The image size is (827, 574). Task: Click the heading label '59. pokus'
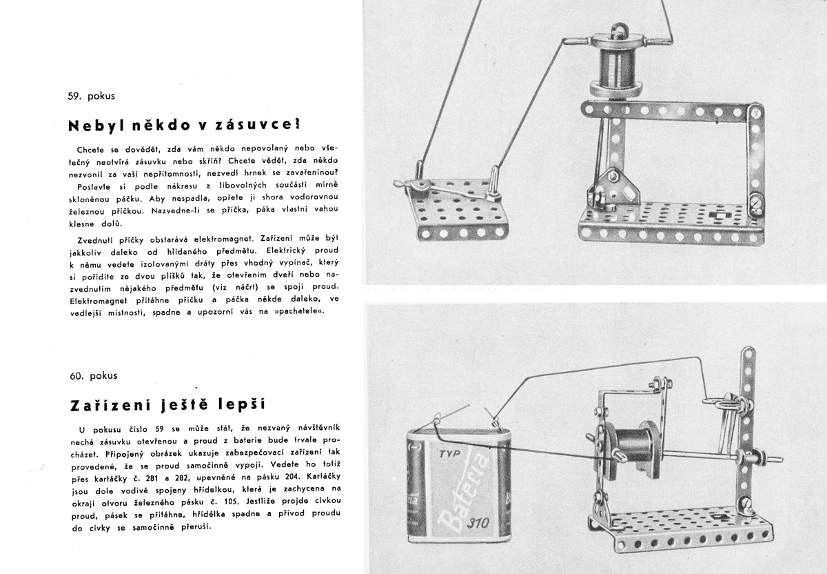[91, 96]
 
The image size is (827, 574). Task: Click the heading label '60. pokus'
[94, 375]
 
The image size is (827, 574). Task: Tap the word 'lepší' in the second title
[241, 405]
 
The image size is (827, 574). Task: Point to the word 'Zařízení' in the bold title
[110, 405]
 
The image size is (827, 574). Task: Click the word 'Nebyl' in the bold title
[95, 126]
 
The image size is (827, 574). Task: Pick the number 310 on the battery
[478, 523]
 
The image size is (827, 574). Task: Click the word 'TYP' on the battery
[449, 453]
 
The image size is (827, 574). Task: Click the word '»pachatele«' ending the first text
[299, 311]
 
